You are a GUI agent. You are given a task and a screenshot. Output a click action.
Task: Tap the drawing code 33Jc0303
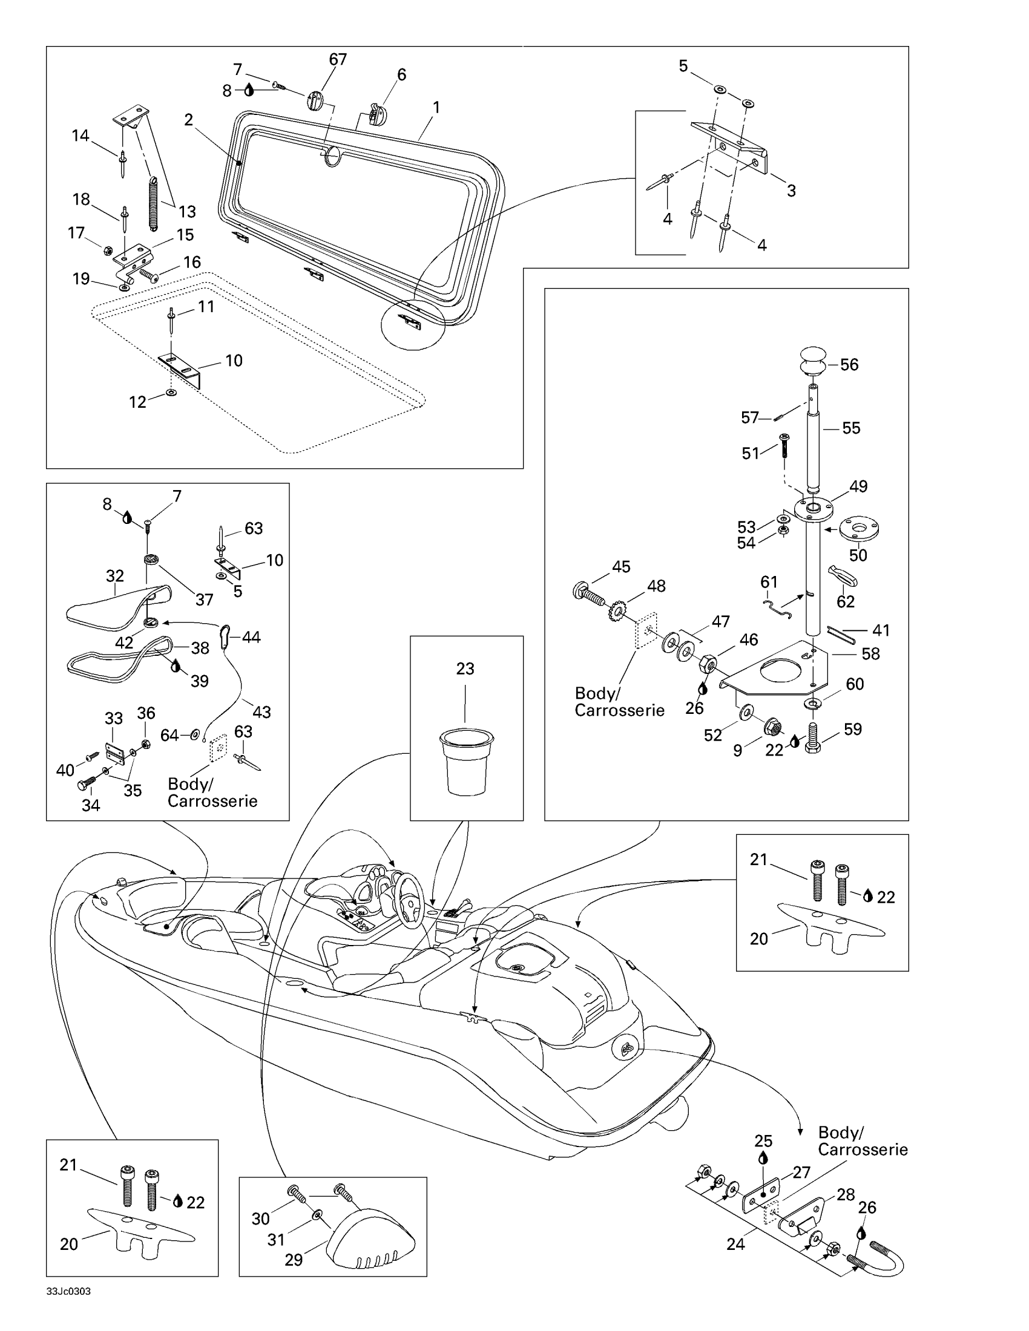pyautogui.click(x=68, y=1292)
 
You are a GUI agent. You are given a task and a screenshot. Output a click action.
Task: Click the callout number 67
pyautogui.click(x=338, y=59)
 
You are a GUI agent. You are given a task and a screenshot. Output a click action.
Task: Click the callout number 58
pyautogui.click(x=870, y=654)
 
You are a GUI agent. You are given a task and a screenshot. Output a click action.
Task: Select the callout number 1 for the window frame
pyautogui.click(x=436, y=107)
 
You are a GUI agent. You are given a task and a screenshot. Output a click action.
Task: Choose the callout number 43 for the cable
pyautogui.click(x=261, y=712)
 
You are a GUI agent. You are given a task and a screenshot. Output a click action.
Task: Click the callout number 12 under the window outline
pyautogui.click(x=138, y=402)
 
